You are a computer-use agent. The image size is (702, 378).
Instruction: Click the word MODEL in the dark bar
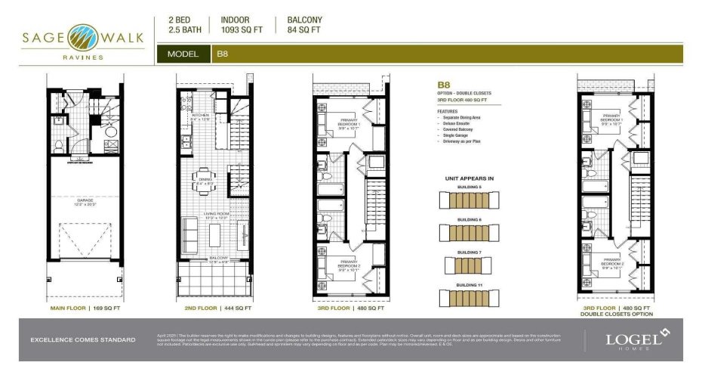point(183,54)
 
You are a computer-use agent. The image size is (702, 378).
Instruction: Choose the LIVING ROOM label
point(214,215)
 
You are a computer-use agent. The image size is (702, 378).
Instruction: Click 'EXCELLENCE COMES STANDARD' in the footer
point(83,339)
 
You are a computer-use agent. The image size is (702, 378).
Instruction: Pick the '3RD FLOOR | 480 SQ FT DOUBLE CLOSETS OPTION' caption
point(617,311)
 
